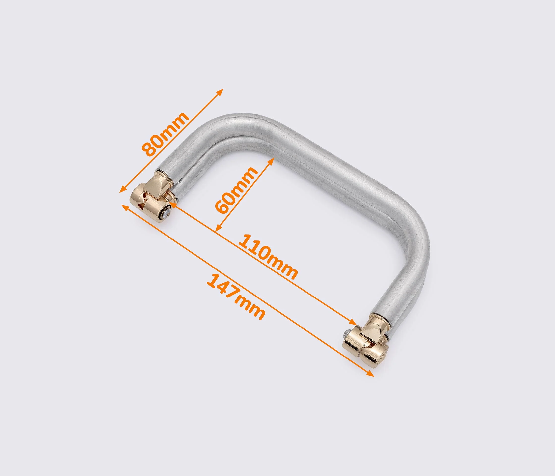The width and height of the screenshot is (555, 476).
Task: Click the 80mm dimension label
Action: pyautogui.click(x=166, y=134)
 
